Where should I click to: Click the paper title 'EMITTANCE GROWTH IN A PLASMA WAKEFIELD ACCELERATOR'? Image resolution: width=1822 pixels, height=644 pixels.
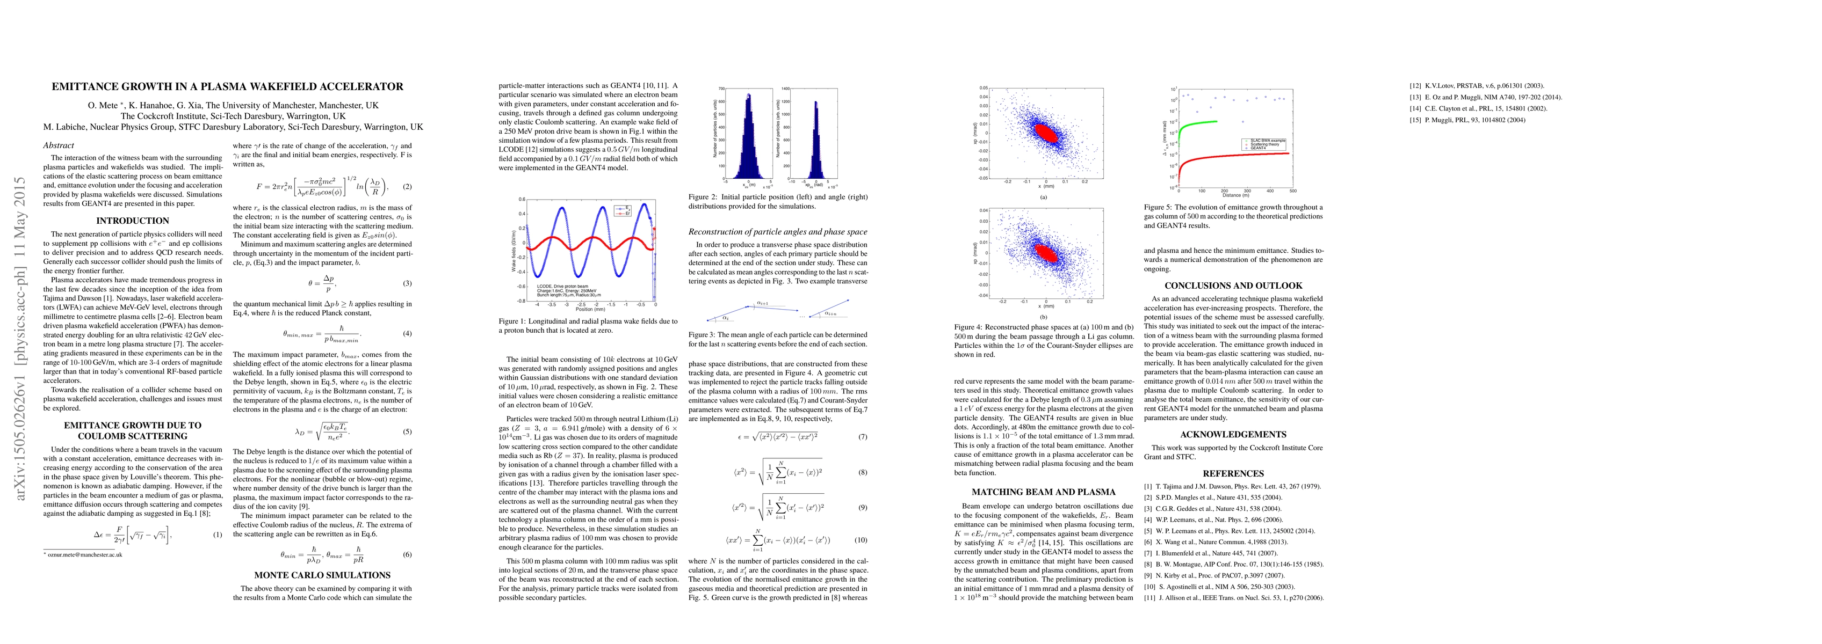pyautogui.click(x=227, y=87)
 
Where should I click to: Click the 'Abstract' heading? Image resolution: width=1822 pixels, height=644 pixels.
pyautogui.click(x=59, y=145)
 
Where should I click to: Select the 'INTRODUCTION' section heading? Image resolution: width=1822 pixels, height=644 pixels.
pyautogui.click(x=132, y=221)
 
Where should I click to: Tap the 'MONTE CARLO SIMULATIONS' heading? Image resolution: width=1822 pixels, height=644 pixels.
pyautogui.click(x=322, y=575)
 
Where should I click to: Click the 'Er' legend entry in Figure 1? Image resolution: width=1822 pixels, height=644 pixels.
pyautogui.click(x=627, y=213)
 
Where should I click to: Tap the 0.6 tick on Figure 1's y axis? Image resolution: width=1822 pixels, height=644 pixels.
pyautogui.click(x=521, y=199)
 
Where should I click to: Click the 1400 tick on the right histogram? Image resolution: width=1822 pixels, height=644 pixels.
pyautogui.click(x=785, y=89)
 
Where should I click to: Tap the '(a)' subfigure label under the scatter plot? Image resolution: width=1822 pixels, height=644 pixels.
pyautogui.click(x=1043, y=197)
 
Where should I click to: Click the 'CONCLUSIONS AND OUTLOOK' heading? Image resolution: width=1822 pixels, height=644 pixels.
pyautogui.click(x=1233, y=286)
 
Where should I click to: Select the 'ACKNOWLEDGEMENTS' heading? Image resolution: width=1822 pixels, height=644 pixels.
pyautogui.click(x=1233, y=434)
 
